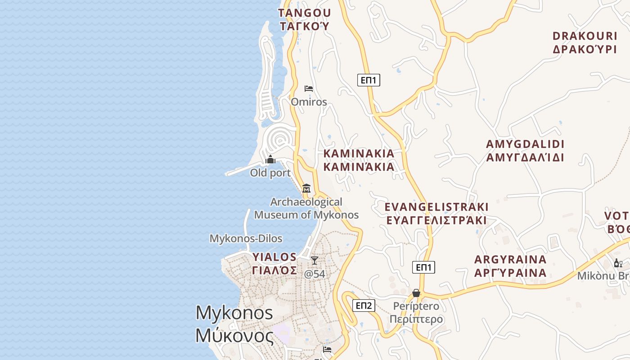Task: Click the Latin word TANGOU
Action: [x=305, y=13]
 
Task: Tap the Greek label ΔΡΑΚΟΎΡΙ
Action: [x=585, y=49]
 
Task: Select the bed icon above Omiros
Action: [x=309, y=88]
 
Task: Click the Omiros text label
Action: [x=309, y=102]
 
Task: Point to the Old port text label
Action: [x=270, y=173]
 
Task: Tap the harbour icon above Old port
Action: [x=270, y=160]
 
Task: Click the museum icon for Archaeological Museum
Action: [x=306, y=188]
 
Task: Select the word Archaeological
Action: [x=306, y=202]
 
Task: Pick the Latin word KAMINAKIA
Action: [x=359, y=153]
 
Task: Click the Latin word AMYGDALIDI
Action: [x=525, y=144]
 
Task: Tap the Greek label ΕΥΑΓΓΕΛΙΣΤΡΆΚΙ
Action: [x=436, y=220]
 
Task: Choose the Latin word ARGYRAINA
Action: [x=510, y=260]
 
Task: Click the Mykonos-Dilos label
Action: [x=246, y=238]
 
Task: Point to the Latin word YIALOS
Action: [x=274, y=257]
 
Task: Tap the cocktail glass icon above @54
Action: [x=315, y=261]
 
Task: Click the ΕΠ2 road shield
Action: [x=364, y=306]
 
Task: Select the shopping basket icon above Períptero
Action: [x=416, y=293]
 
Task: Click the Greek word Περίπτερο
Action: [x=416, y=319]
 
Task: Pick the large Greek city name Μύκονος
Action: [x=234, y=336]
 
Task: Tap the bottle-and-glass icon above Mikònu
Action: [x=618, y=263]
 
